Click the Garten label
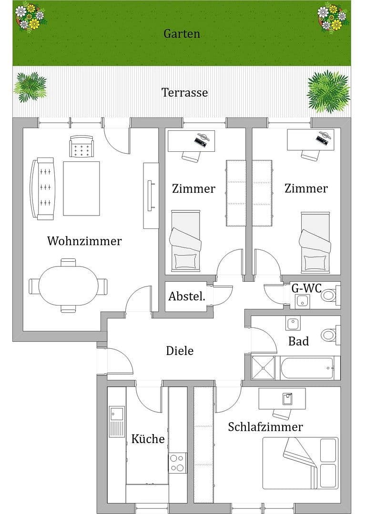coord(182,34)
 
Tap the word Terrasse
coord(184,92)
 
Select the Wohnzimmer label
coord(84,241)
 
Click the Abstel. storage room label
coord(187,297)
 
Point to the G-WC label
coord(306,288)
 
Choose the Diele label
coord(180,351)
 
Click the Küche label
coord(148,439)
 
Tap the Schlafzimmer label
coord(265,426)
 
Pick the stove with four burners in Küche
coord(177,462)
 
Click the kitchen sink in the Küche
coord(116,422)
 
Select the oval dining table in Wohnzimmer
coord(68,286)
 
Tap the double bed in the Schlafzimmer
coord(300,463)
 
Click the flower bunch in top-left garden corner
coord(30,16)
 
